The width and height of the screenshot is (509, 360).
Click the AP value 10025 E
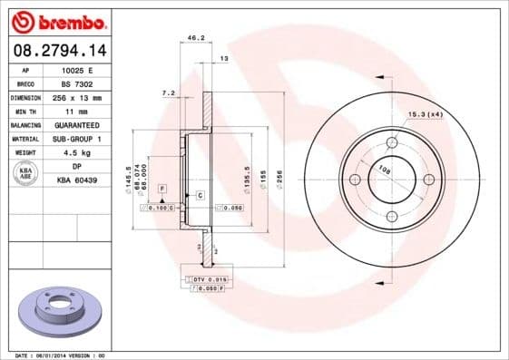tap(77, 70)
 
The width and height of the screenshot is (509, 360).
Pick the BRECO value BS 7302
tap(77, 83)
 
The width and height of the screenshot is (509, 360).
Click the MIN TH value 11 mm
tap(77, 111)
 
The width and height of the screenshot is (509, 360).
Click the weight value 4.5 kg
tap(77, 152)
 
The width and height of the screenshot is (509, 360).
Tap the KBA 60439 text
tap(77, 181)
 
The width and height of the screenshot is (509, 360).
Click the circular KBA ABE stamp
tap(26, 174)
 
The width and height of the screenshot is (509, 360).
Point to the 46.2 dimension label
tap(193, 39)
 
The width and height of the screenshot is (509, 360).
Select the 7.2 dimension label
tap(167, 93)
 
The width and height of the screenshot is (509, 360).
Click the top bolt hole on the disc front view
tap(392, 142)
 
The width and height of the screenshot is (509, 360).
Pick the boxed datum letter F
tap(162, 187)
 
